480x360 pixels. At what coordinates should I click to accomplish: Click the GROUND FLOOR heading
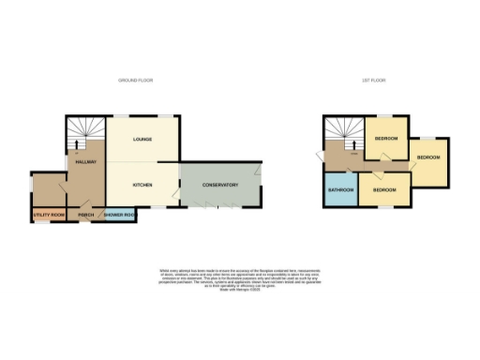pos(135,82)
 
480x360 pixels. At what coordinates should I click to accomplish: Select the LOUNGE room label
pos(142,140)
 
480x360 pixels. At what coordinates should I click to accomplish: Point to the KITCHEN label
pos(142,185)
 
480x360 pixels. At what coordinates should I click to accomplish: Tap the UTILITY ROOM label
pos(48,216)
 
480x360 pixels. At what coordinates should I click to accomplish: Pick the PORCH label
pos(85,216)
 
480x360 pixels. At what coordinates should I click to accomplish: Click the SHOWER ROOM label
pos(121,216)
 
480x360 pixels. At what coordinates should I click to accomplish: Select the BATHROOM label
pos(340,190)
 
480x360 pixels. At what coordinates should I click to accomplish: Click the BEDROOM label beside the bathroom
pos(382,190)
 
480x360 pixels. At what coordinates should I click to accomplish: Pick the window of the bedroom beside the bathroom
pos(384,208)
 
